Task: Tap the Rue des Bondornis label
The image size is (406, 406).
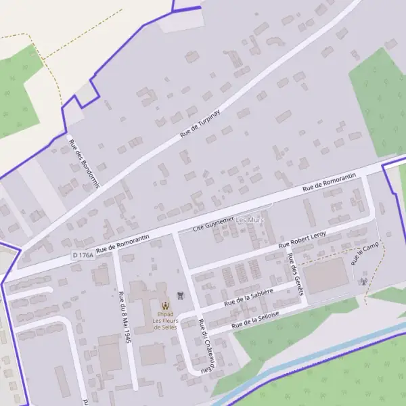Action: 84,164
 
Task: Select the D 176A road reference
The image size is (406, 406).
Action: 83,254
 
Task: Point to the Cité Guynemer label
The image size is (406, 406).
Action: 213,223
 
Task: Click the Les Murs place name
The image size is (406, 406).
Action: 250,221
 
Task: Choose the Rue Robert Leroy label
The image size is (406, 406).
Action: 303,238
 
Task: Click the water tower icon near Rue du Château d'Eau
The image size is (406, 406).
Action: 180,295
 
